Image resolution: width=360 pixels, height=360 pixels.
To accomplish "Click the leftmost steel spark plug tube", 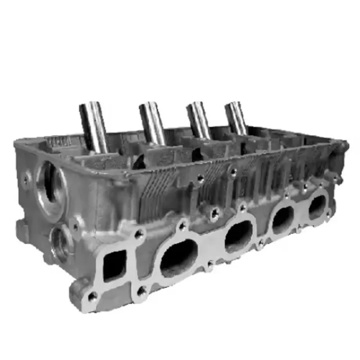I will pos(93,126).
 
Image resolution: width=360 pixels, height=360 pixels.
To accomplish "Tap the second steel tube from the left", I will pos(153,122).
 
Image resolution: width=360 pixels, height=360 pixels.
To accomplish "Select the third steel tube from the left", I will pos(198,120).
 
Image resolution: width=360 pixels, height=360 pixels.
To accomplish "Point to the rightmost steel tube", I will pos(236,117).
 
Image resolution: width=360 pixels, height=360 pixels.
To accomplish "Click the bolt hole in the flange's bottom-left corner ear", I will pos(93,296).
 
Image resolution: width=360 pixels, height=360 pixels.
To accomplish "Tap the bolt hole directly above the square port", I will pos(139,234).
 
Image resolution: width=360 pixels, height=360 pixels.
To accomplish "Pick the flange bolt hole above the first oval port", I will pos(182,225).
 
